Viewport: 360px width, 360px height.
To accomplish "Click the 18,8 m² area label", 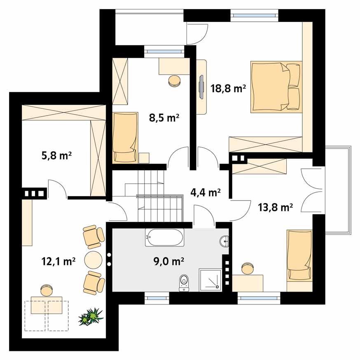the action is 228,89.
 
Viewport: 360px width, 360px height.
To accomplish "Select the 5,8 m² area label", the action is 56,156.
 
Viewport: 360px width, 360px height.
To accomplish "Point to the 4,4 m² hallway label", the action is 206,192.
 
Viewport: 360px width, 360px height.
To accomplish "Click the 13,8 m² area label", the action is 275,207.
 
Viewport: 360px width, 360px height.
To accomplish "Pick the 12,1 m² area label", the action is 58,261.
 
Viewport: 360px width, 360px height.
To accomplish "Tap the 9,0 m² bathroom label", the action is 168,261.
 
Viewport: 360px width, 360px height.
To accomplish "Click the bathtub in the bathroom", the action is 164,238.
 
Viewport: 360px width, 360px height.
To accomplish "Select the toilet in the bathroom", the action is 184,283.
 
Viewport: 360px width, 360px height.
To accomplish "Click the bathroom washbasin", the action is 224,241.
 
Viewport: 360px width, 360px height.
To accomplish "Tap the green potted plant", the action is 91,316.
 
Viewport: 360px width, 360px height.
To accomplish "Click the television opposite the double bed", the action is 201,87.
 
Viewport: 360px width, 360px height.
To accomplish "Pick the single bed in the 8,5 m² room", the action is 125,138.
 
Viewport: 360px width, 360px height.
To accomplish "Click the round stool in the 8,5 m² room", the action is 174,81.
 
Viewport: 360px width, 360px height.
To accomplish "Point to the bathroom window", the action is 157,298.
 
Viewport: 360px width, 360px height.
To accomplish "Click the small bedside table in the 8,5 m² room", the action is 144,158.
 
